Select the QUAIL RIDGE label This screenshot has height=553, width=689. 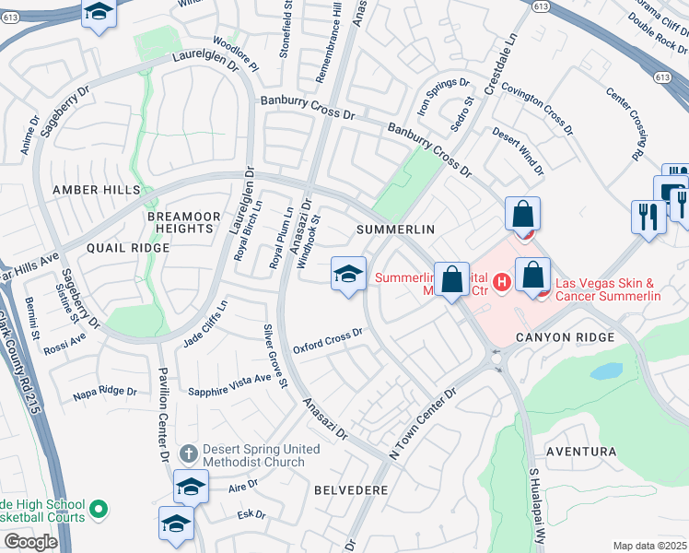point(128,248)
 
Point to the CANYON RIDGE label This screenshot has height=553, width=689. point(566,338)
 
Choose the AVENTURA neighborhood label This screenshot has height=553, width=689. point(580,452)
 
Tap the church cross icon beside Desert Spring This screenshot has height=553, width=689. point(188,453)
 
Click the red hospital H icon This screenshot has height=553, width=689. point(502,281)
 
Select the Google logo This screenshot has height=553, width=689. point(30,541)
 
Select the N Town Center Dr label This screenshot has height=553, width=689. point(423,424)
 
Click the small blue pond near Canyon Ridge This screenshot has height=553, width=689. point(605,371)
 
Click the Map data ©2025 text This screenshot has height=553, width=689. point(649,546)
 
